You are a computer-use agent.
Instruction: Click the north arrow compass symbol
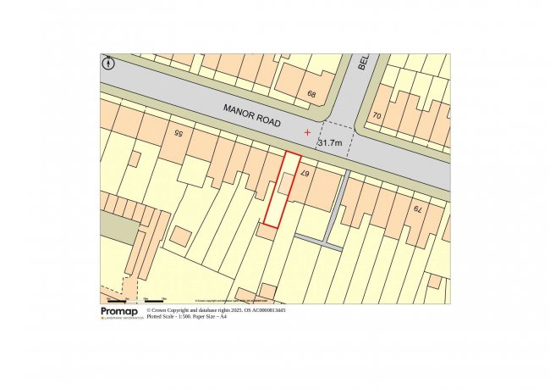coord(107,62)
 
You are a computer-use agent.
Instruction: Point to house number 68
coord(312,94)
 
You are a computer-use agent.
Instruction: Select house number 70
coord(377,114)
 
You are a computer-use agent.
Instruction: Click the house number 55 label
coord(178,133)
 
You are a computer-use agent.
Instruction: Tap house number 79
coord(415,208)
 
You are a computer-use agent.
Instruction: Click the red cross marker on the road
coord(307,132)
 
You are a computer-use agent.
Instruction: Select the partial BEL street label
coord(361,63)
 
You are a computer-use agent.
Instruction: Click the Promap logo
coord(118,313)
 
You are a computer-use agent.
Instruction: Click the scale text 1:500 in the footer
coord(186,316)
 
